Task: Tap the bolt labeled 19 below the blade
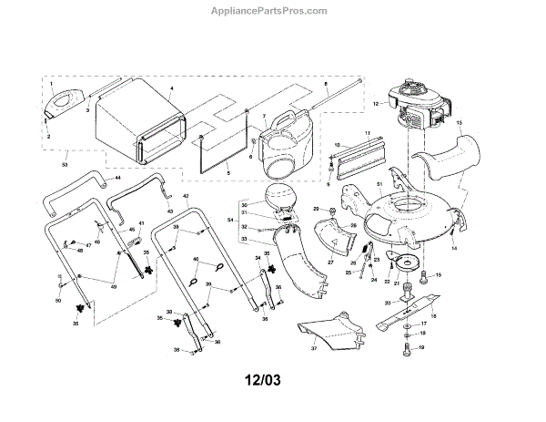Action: [x=406, y=348]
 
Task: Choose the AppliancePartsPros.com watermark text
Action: [x=273, y=10]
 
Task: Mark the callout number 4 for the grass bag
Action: [x=171, y=88]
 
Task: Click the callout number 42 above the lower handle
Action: [x=187, y=196]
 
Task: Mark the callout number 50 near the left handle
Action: [x=57, y=300]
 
